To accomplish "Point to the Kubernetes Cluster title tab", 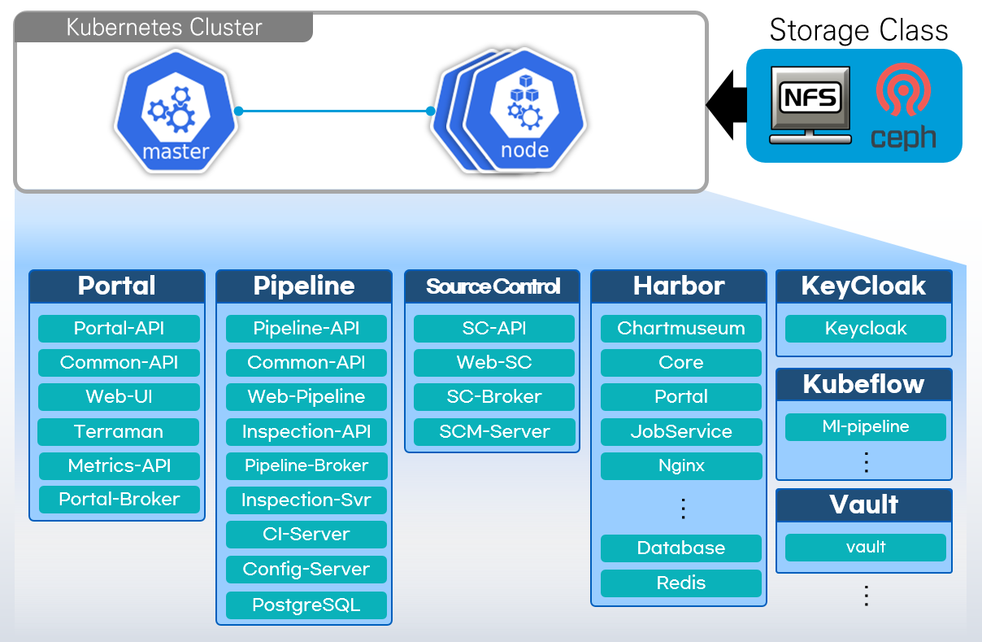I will (164, 28).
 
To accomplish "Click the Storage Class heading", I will (858, 31).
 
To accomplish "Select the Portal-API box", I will (119, 329).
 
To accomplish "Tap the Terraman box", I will (119, 431).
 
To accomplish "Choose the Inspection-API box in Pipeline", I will (306, 431).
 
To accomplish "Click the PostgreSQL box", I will (306, 605).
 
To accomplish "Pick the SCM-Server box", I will (494, 431).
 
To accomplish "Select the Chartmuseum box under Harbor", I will (681, 329).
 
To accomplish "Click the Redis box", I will (681, 583).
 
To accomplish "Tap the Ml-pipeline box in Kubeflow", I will (865, 426).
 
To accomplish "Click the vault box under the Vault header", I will (865, 547).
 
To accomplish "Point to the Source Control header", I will (493, 286).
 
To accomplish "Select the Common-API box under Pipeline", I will (306, 363).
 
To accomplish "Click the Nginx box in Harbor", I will (681, 466).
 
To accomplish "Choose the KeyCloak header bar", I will (863, 286).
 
